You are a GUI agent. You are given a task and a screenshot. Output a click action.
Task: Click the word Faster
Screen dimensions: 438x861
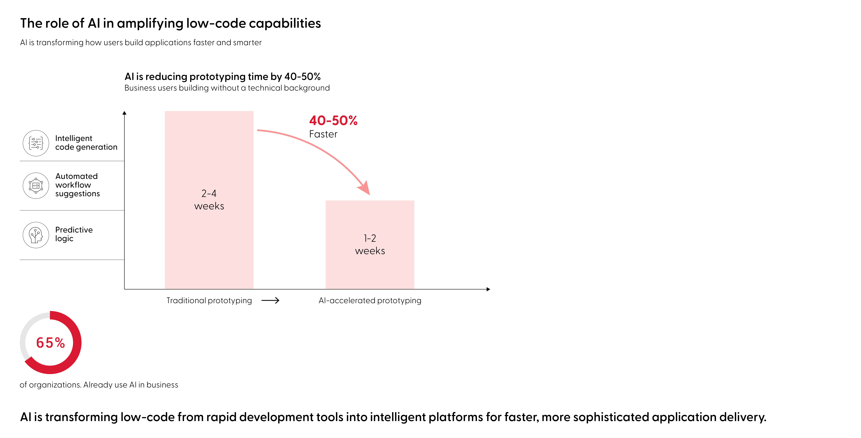pyautogui.click(x=323, y=134)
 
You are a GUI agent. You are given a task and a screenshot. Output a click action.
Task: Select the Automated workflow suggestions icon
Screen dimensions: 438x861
pyautogui.click(x=36, y=186)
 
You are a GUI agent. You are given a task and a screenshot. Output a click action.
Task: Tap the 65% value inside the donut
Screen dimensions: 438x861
pyautogui.click(x=50, y=343)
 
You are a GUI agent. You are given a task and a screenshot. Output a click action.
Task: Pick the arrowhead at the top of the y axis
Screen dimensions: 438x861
pyautogui.click(x=124, y=113)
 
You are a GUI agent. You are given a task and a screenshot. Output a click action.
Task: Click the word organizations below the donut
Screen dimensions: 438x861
pyautogui.click(x=55, y=385)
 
